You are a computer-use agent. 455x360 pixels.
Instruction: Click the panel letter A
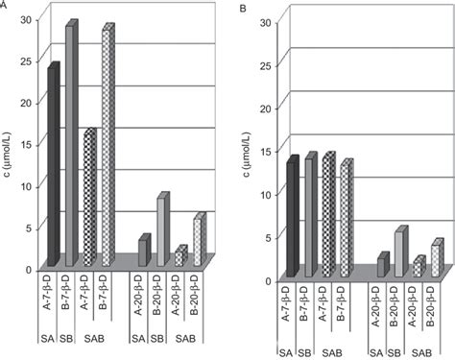[x=5, y=6]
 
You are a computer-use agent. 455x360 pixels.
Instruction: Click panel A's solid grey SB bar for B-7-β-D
[x=70, y=144]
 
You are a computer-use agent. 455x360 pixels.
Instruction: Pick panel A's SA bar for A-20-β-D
[x=142, y=252]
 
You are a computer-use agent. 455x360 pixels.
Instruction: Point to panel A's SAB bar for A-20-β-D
[x=179, y=257]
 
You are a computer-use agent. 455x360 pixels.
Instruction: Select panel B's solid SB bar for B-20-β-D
[x=399, y=254]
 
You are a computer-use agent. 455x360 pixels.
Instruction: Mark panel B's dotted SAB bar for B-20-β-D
[x=435, y=259]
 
